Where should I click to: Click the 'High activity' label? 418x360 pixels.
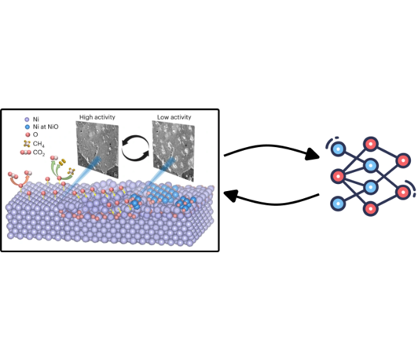coord(97,117)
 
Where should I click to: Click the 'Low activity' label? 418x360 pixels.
coord(174,117)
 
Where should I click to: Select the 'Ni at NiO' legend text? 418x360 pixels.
coord(46,127)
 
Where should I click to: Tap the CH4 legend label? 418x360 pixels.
coord(38,144)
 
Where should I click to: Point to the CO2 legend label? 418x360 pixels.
coord(39,152)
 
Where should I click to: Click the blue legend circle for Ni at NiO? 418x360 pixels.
coord(27,127)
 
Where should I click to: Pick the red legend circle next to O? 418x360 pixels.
coord(27,134)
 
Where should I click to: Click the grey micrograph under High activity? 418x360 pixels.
coord(97,149)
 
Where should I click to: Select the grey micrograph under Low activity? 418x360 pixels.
coord(174,151)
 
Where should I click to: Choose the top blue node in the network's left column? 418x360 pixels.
coord(339,149)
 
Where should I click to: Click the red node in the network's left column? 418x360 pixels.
coord(339,176)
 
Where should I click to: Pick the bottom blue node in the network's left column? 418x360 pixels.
coord(339,204)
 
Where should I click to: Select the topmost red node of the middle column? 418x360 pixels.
coord(371,144)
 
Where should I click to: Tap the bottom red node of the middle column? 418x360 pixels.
coord(371,208)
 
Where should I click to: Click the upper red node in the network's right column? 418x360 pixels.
coord(403,160)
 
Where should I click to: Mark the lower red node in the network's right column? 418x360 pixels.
coord(403,192)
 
